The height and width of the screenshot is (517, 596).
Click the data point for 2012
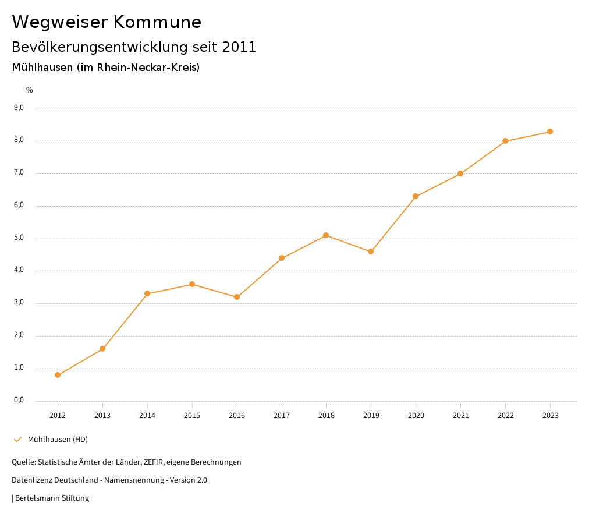58,375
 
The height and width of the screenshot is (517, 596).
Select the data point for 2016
237,297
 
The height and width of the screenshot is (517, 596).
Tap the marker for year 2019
371,252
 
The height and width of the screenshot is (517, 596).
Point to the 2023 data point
550,132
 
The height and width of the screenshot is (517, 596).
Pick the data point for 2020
416,196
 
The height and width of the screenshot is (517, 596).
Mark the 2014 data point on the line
147,293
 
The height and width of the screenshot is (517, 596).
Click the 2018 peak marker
326,235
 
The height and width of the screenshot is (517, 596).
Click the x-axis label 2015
192,415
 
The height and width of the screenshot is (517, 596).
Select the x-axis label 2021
460,415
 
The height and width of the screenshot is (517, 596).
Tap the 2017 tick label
282,415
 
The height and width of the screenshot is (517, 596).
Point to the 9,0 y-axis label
19,108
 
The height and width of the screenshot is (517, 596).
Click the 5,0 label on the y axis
19,238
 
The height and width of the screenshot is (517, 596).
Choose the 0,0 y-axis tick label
19,400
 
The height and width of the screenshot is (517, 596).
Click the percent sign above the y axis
30,90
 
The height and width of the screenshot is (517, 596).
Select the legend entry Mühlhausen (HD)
58,439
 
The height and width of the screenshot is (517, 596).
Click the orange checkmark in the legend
17,439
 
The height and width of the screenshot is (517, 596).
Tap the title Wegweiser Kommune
107,22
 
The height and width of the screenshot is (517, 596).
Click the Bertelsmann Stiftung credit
52,498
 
